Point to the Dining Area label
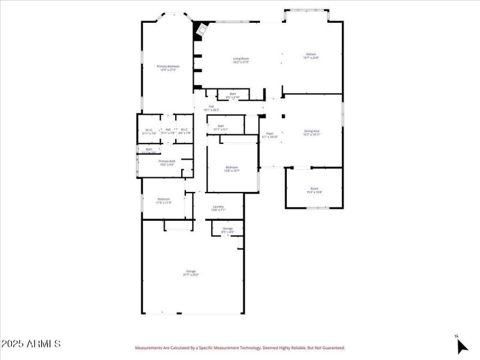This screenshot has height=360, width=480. (311, 132)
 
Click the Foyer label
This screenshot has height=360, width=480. (270, 135)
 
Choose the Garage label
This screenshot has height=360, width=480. (191, 273)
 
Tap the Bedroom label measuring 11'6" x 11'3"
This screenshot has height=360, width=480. (164, 200)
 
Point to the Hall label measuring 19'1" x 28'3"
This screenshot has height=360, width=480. (211, 108)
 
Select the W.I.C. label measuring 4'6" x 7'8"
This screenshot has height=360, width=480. (184, 131)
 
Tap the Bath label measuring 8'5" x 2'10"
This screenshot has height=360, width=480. (232, 95)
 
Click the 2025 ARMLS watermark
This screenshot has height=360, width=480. (31, 344)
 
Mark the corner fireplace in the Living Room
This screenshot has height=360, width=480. (201, 30)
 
